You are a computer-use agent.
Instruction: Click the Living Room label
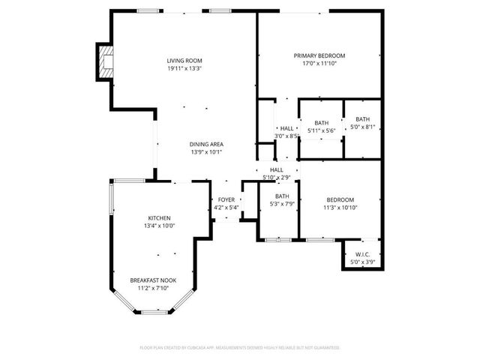pos(184,61)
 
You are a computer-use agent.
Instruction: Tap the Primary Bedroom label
pos(319,55)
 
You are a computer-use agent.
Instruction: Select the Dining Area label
pos(206,145)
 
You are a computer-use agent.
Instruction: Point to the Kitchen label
pos(159,217)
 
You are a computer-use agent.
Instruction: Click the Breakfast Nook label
pos(152,280)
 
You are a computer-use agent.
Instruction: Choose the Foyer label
pos(226,200)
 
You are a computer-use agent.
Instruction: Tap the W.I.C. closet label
pos(362,255)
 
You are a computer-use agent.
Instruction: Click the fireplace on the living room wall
pos(103,62)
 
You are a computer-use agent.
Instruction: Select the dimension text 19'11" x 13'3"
pos(184,69)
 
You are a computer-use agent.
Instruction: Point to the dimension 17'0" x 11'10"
pos(319,64)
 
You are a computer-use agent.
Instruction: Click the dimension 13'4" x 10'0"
pos(159,226)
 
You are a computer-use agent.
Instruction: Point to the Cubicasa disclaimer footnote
pos(240,348)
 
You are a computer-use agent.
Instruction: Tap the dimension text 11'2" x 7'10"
pos(152,288)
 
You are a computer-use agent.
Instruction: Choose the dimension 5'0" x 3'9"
pos(362,262)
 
